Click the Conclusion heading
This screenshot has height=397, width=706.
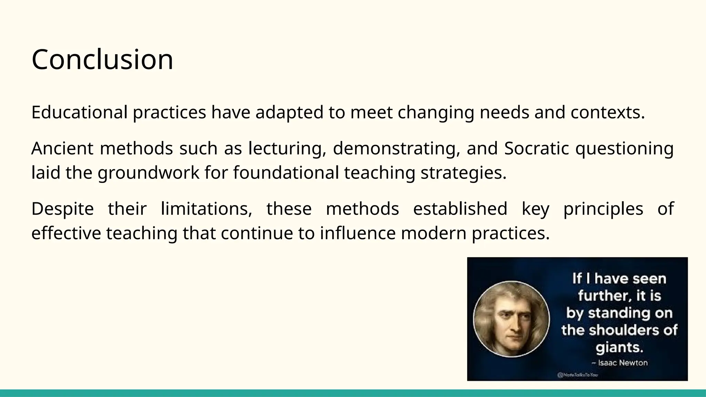point(102,60)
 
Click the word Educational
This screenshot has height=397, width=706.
point(79,112)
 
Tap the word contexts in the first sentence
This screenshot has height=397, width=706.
point(607,112)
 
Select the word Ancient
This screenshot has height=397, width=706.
point(62,149)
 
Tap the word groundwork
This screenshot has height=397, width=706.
point(149,173)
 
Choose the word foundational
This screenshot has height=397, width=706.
point(286,173)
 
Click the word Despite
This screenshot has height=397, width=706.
point(62,209)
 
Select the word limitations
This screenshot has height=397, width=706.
point(206,209)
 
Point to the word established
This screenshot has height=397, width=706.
point(460,209)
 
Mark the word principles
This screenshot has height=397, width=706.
point(603,209)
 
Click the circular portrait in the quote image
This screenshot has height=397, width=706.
point(511,319)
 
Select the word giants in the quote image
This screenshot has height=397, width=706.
point(619,347)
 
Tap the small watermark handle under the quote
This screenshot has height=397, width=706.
point(577,375)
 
